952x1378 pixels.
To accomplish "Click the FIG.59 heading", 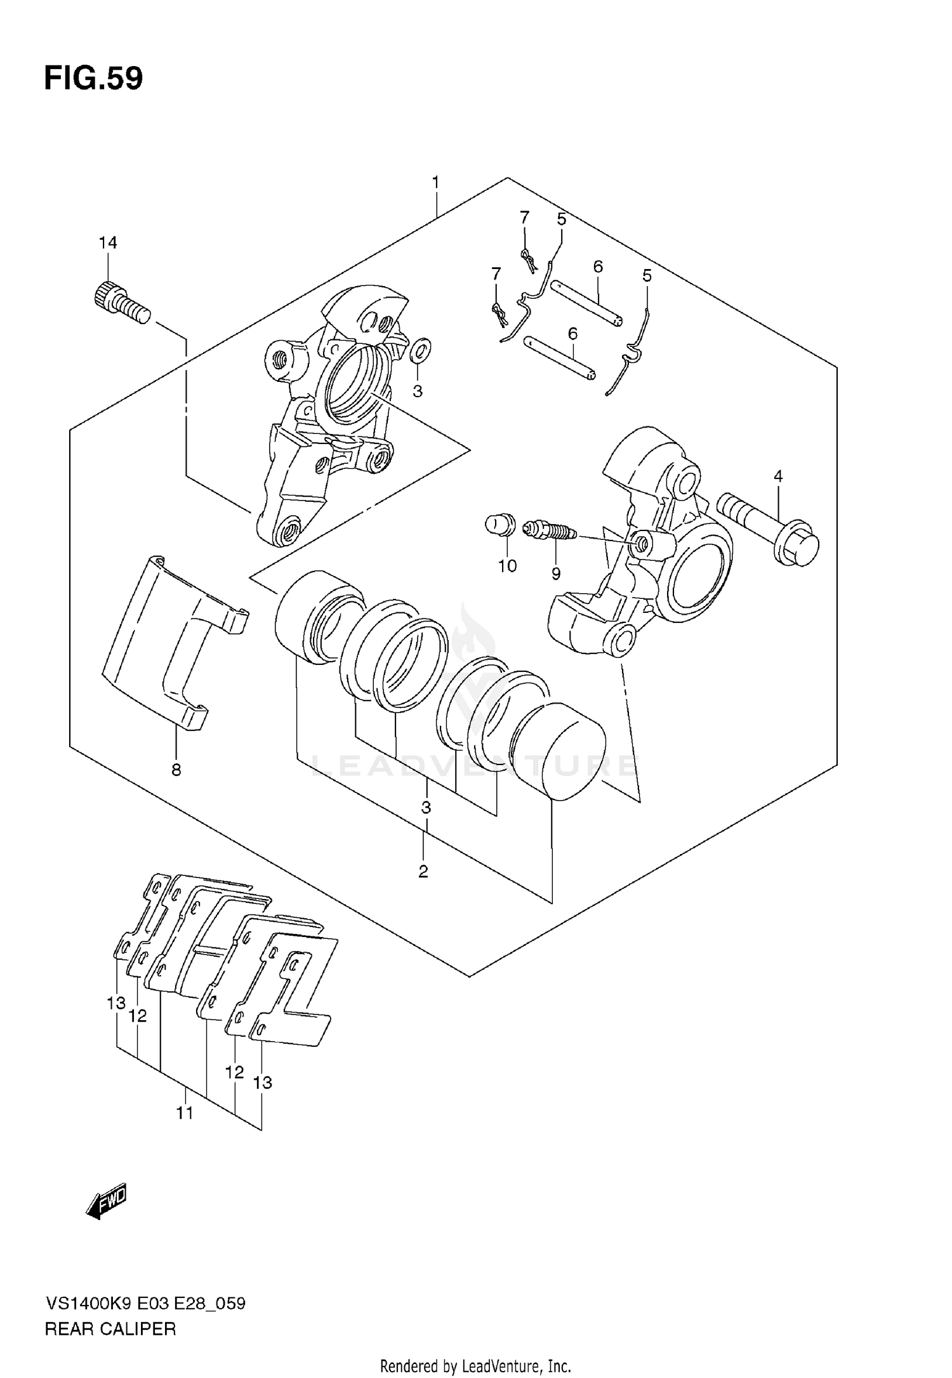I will pos(93,79).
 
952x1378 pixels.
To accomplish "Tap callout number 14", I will pos(108,242).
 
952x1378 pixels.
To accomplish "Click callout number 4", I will pos(777,476).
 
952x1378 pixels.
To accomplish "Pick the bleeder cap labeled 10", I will pos(499,525).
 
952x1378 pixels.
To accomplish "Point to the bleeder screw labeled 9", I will pos(549,530).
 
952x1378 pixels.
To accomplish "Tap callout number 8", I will pos(176,770).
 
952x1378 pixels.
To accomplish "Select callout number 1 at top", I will pos(435,183).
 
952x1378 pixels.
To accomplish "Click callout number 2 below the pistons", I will pos(423,872).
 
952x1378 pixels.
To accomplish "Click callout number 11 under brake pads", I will pos(184,1113).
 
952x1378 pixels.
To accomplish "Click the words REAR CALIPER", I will pos(110,1329).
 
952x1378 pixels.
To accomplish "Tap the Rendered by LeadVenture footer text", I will pos(475,1366).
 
